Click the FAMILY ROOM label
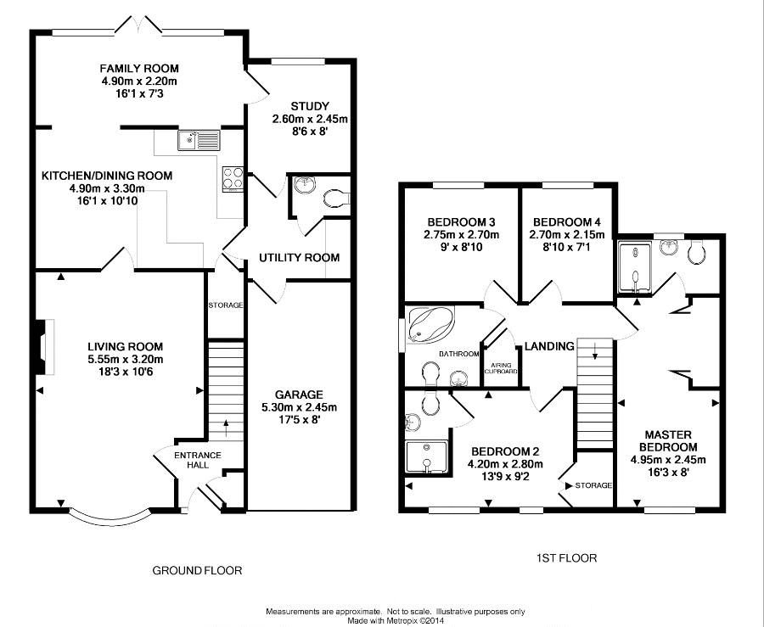pos(139,69)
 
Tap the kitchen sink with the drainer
pos(199,140)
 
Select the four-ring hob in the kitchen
pos(233,177)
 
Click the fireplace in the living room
pos(45,347)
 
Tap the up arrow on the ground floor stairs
pos(226,428)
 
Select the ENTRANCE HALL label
pos(198,460)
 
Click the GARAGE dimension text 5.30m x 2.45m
pos(299,407)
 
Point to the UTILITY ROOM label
pos(299,258)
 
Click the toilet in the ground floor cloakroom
pos(337,199)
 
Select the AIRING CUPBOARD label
pos(500,368)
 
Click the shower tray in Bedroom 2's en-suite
pos(426,456)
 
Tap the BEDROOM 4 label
pos(567,222)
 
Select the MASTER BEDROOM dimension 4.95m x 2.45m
pos(668,459)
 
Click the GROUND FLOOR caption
pos(197,570)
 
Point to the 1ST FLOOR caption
pos(567,558)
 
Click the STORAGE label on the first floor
pos(593,485)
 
